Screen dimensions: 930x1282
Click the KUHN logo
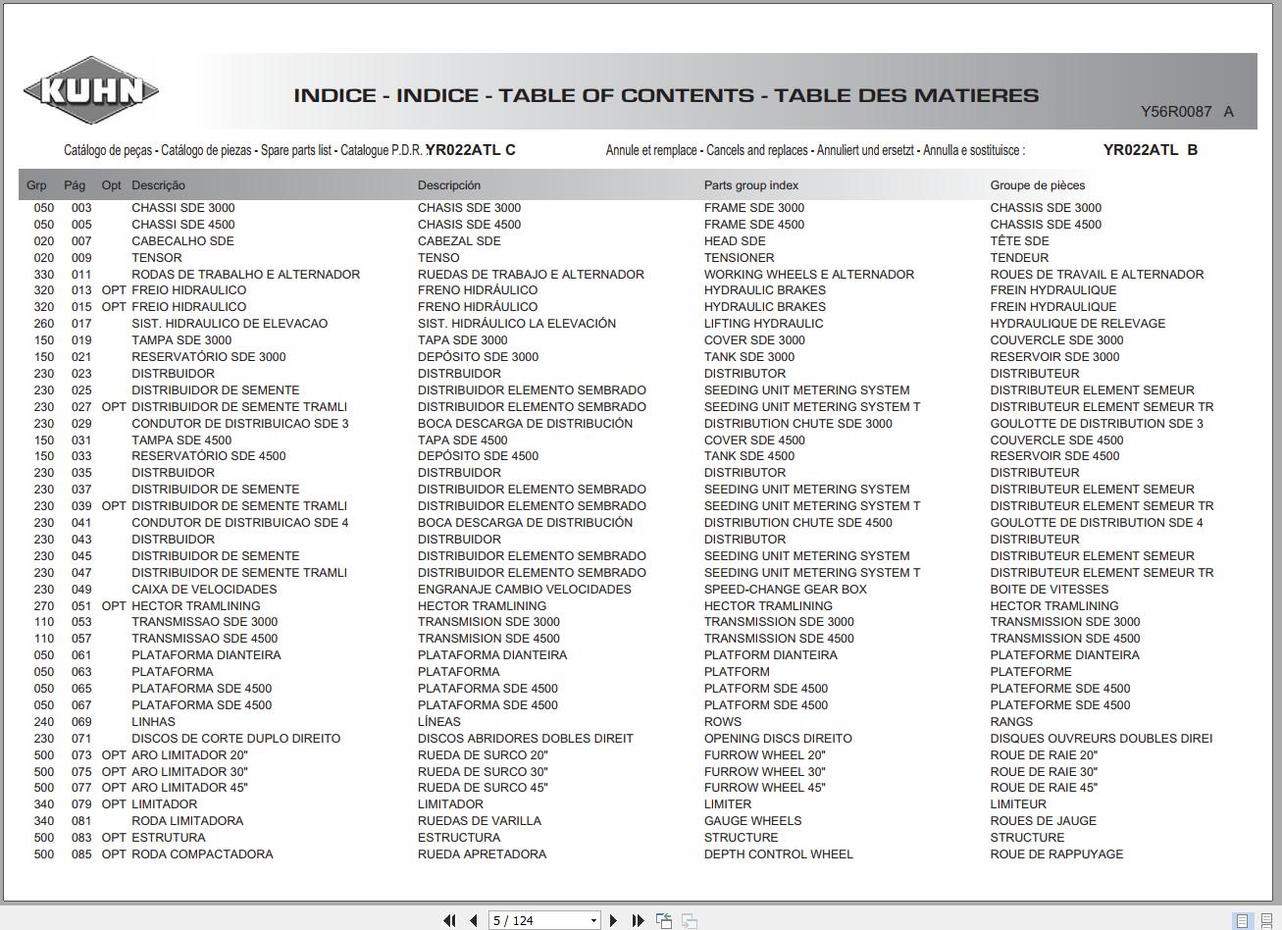(x=91, y=90)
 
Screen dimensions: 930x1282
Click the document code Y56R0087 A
(x=1187, y=112)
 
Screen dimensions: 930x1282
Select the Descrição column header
(x=158, y=185)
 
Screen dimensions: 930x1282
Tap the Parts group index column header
(x=750, y=185)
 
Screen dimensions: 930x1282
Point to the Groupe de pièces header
(x=1037, y=185)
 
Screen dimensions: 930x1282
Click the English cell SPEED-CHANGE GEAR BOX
(x=785, y=590)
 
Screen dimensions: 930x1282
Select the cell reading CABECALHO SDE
(x=182, y=241)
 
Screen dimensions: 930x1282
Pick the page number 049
(x=80, y=590)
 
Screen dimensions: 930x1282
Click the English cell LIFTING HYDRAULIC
(x=763, y=324)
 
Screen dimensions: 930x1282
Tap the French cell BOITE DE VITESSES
(x=1049, y=590)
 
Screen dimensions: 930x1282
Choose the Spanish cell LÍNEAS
(x=438, y=722)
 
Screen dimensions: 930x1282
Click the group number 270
(x=44, y=606)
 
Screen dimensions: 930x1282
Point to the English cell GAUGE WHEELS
(x=752, y=821)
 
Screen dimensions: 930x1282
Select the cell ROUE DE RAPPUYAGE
(x=1056, y=854)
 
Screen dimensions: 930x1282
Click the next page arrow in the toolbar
(x=614, y=920)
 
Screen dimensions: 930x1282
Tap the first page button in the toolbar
(x=449, y=920)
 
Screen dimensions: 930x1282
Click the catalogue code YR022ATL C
(x=470, y=150)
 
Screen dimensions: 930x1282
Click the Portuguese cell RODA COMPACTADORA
(x=202, y=854)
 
